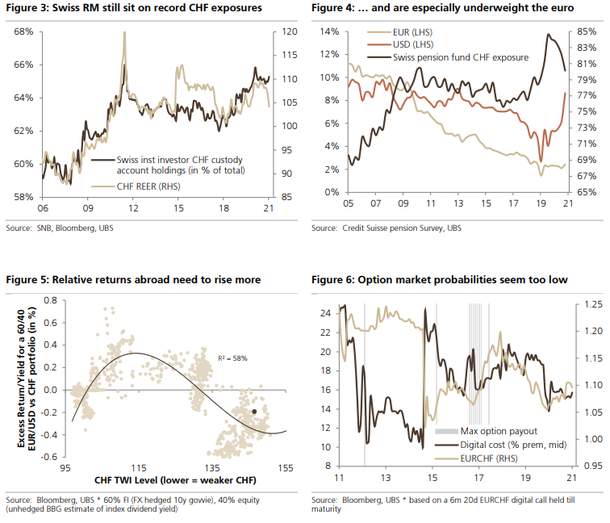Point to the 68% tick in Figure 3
pyautogui.click(x=23, y=31)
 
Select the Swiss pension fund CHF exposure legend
pyautogui.click(x=460, y=57)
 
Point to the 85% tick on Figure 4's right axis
pyautogui.click(x=587, y=31)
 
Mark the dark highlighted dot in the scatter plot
pyautogui.click(x=255, y=411)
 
